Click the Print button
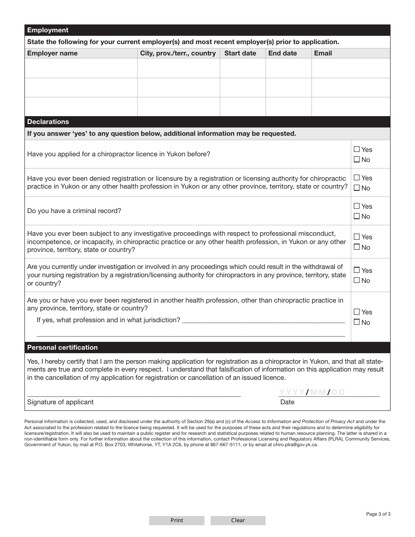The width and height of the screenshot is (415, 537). pos(176,520)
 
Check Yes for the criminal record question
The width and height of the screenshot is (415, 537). pos(356,206)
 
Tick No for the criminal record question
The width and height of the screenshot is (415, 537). pos(356,216)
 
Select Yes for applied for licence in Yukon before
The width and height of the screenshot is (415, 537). pos(356,149)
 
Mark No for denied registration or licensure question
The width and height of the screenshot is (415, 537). pos(356,188)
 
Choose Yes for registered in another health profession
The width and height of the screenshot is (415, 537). pos(356,312)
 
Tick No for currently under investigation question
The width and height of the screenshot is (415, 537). pos(356,280)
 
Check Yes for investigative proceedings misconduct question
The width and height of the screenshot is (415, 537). pos(356,237)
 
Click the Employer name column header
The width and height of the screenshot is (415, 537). pos(52,53)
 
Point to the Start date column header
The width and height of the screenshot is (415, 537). pos(240,53)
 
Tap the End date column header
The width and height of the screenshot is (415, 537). pos(283,53)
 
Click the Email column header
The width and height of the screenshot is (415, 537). pos(323,53)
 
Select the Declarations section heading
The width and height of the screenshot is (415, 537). pos(48,122)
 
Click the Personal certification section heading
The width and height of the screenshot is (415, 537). pos(62,348)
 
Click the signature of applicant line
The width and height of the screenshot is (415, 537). pos(134,393)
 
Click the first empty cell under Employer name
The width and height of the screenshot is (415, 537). pos(81,68)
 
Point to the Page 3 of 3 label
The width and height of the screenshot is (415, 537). pos(378,514)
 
